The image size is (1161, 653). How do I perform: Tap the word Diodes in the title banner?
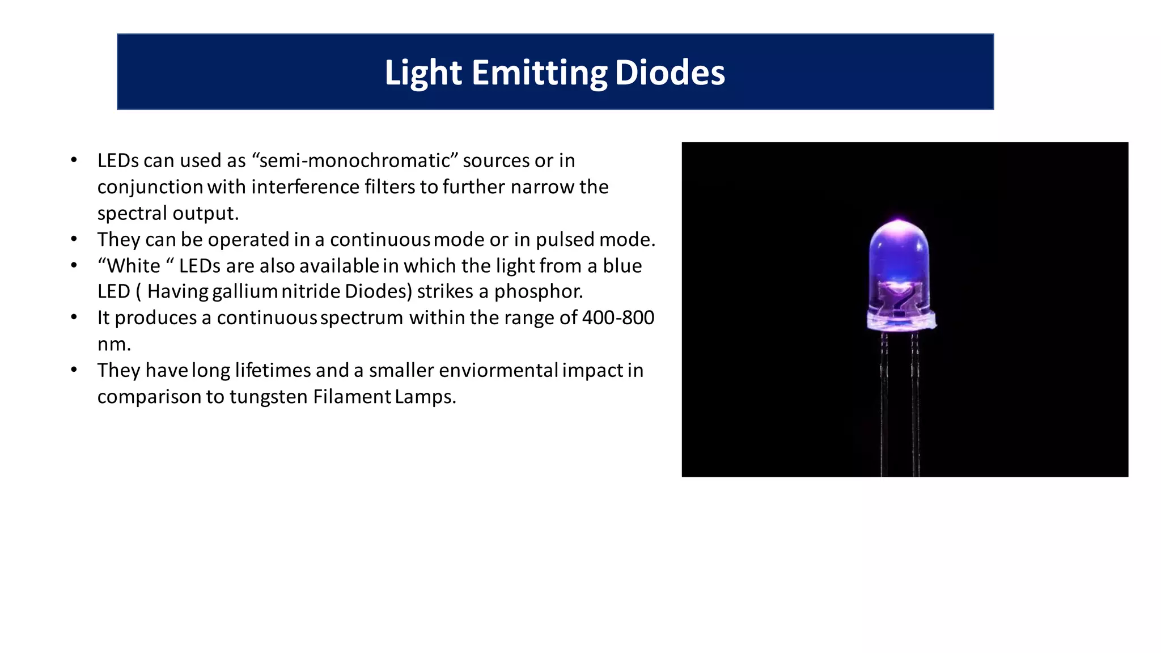coord(670,73)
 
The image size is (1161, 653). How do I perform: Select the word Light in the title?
coord(423,73)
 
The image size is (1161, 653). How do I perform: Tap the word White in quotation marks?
coord(134,265)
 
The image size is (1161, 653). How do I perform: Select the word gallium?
coord(244,291)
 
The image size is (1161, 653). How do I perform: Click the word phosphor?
coord(538,291)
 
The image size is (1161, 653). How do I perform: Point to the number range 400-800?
coord(618,317)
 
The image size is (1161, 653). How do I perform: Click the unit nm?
coord(113,344)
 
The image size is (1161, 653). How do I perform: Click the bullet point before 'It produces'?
coord(74,317)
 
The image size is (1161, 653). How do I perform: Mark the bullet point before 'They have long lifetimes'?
coord(74,370)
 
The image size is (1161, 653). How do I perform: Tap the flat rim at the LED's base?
coord(901,324)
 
